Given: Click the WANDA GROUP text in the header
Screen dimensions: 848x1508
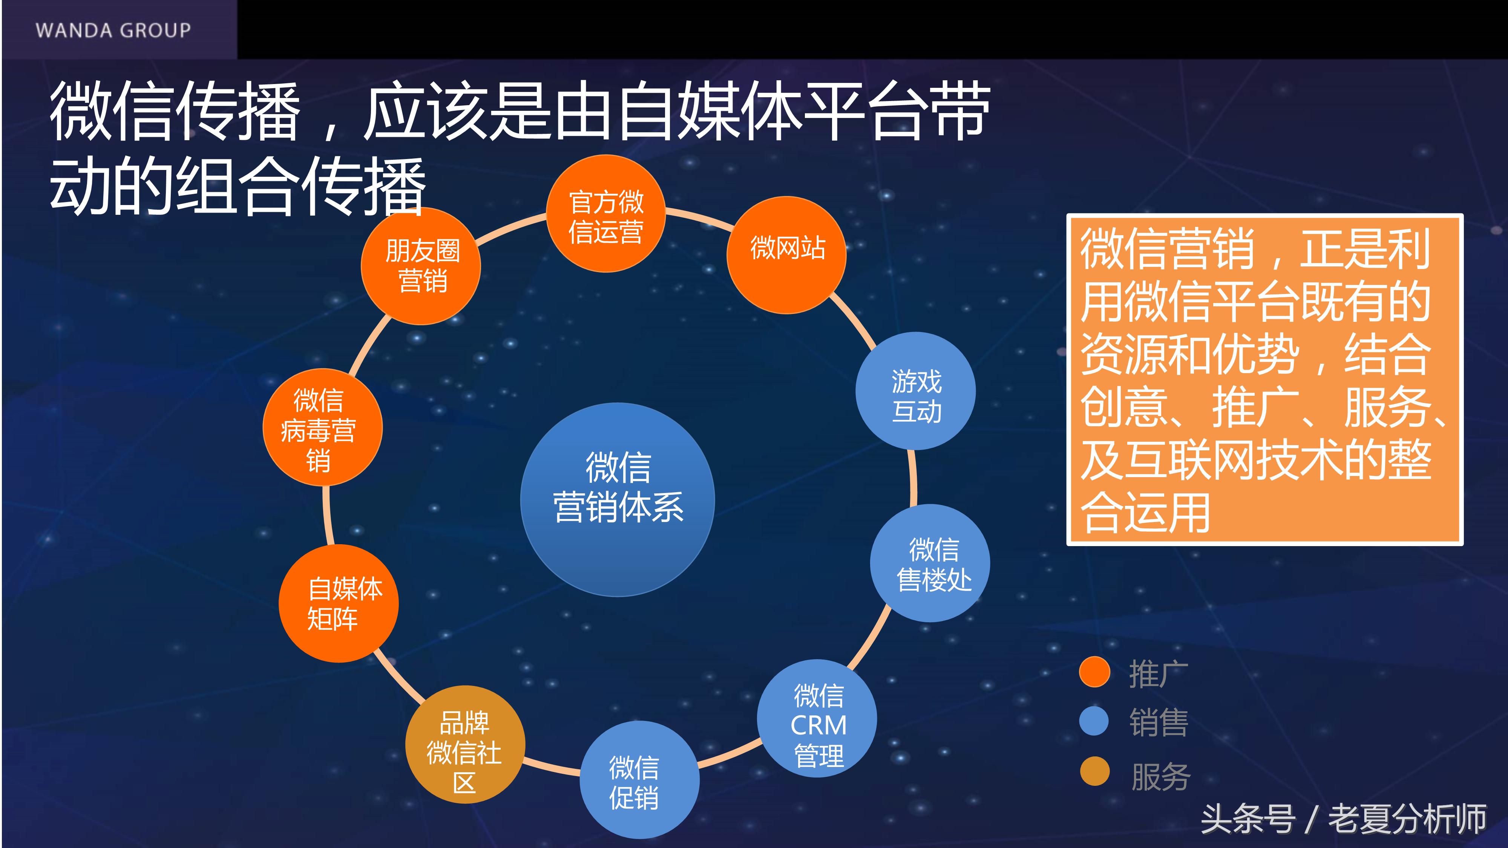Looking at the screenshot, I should (x=113, y=30).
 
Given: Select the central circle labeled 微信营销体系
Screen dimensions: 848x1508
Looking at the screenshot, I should (x=618, y=499).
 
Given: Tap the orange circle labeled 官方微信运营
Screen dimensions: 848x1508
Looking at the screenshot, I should (x=605, y=214).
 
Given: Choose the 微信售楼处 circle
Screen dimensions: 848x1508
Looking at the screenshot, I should (x=930, y=563).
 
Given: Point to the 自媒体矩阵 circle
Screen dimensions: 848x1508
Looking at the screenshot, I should (x=339, y=603).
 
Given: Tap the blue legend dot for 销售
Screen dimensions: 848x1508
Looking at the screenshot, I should (x=1094, y=721).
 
